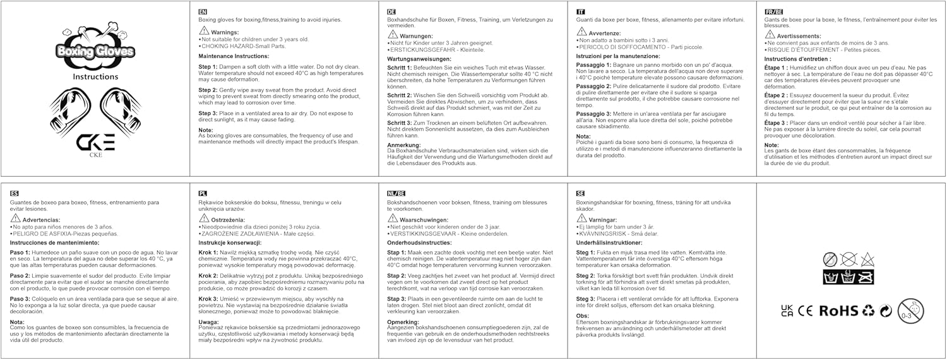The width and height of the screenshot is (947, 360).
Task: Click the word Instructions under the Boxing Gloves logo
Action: coord(95,76)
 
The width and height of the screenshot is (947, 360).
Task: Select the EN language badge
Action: coord(203,13)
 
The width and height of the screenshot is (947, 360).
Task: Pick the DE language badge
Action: coord(391,13)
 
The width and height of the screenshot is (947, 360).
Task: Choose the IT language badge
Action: coord(581,13)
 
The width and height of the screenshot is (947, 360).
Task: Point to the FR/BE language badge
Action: coord(774,13)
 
